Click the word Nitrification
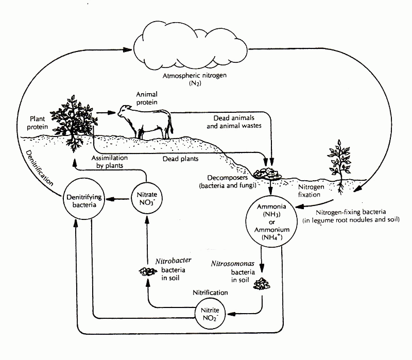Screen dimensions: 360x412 point(210,292)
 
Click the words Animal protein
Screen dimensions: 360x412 point(147,98)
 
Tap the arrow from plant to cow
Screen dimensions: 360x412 point(105,111)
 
